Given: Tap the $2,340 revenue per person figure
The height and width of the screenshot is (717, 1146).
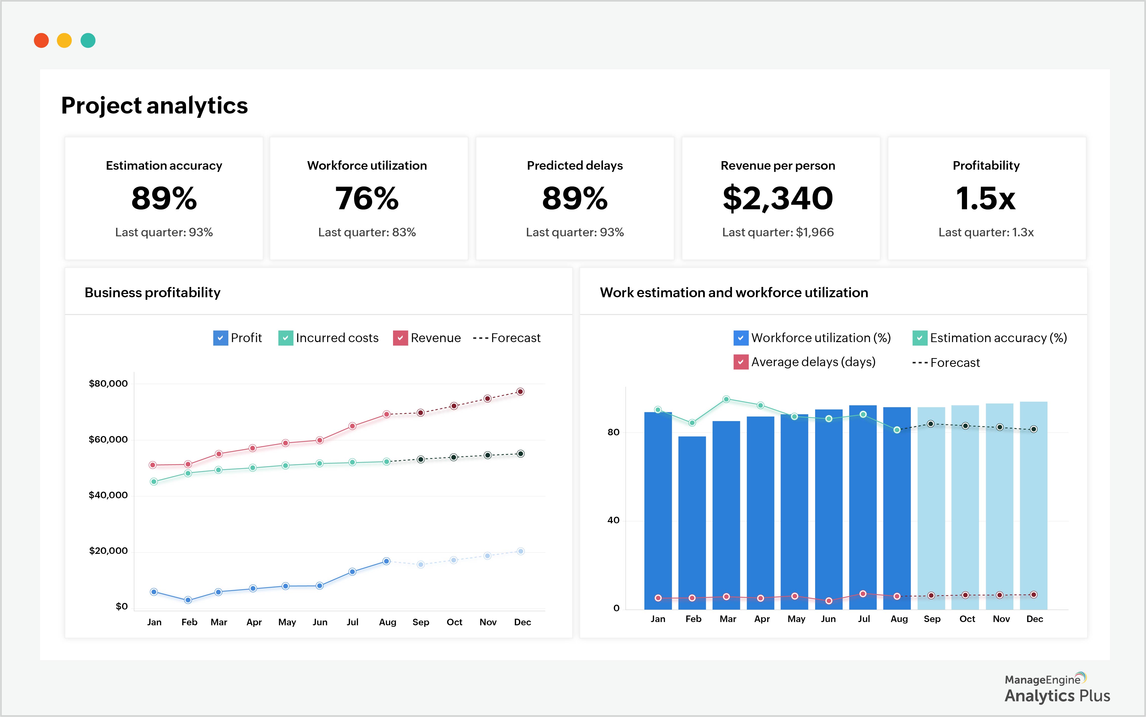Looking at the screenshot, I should [778, 198].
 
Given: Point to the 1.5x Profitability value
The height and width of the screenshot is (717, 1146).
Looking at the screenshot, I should [986, 198].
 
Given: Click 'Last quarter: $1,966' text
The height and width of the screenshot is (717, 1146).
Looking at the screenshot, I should [778, 232].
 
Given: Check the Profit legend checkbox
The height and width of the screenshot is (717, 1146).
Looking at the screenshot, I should [221, 338].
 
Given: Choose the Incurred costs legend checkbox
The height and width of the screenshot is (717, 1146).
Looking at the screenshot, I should [285, 338].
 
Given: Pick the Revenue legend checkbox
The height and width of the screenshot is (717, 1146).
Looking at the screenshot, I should [400, 338].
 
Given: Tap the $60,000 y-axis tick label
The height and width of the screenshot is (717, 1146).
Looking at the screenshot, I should [108, 440].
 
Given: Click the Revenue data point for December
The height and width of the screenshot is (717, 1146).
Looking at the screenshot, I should [520, 392].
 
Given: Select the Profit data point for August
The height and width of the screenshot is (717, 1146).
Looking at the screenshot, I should [387, 561].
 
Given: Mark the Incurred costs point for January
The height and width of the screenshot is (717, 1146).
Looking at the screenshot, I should [154, 482].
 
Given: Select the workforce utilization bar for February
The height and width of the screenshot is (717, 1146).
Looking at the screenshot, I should [692, 522].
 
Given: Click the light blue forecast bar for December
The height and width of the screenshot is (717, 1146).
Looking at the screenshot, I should [1034, 512].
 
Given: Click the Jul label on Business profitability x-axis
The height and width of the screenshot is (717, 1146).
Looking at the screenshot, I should [352, 622].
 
